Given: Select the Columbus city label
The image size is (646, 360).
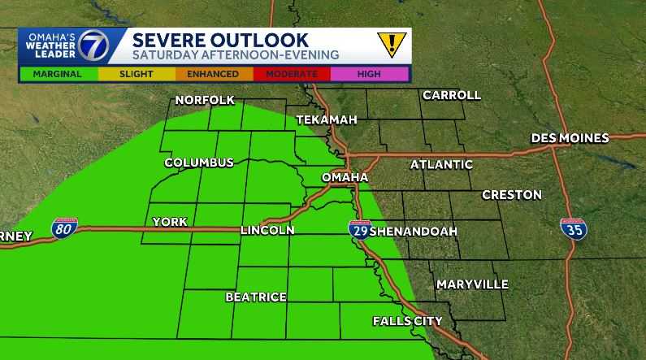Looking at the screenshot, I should coord(199,163).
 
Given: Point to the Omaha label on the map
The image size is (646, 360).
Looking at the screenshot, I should coord(345,177).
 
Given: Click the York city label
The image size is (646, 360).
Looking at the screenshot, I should coord(170,222).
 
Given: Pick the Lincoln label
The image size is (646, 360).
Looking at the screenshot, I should coord(267,231).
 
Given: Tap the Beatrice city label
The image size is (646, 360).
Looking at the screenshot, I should coord(256,297).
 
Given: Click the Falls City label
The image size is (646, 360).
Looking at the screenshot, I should coord(407,321).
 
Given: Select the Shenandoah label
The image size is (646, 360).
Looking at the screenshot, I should coord(414,232).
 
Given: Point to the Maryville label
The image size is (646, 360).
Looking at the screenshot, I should coord(472,284).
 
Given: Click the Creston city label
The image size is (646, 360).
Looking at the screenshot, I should coord(511,195).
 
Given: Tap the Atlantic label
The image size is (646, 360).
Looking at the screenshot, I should coord(441,164).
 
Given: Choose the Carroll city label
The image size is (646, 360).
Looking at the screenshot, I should coord(451,95).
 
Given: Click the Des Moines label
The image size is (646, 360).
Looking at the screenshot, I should coord(570,138).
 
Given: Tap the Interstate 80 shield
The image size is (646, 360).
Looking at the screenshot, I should coord(65,228).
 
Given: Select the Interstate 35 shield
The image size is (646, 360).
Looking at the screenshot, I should coord(574,228).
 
